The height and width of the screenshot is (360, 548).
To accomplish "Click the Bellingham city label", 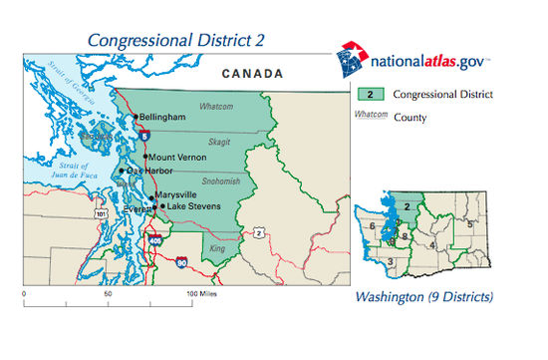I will [163, 117].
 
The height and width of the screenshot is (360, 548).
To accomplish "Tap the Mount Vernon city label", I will [177, 158].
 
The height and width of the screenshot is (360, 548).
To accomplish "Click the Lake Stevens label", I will [191, 206].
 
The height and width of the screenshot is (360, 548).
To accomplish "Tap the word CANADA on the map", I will [252, 74].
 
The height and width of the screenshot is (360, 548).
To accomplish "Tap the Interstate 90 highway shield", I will [180, 262].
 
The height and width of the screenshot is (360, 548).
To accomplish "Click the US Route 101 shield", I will [102, 212].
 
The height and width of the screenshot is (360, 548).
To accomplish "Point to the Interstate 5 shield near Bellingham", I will [145, 133].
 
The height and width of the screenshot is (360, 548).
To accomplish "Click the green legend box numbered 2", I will [370, 97].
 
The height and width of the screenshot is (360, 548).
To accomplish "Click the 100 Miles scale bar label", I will [201, 296].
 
